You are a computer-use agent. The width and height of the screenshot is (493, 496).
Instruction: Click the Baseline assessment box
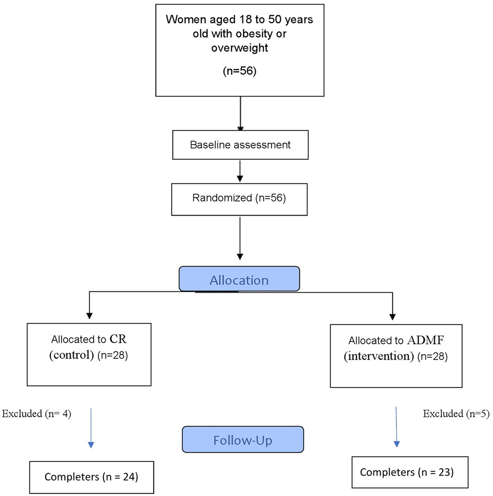240,145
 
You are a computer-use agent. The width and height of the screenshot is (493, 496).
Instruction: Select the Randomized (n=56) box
239,199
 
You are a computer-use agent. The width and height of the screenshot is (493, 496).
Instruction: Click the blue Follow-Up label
242,440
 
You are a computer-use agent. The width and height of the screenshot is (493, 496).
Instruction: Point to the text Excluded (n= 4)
37,413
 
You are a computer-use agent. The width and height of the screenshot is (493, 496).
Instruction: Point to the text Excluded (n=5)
456,413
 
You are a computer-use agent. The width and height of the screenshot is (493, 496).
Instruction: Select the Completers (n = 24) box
91,477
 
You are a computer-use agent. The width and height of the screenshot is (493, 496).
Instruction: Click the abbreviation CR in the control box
118,339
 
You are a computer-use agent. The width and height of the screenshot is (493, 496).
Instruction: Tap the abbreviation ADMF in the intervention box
425,340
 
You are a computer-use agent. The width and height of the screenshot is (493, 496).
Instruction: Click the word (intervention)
379,356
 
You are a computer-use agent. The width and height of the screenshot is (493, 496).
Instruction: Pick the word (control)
72,355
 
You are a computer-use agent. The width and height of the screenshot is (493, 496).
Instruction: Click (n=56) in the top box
240,71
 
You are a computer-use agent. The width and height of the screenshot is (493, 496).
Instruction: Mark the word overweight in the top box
240,48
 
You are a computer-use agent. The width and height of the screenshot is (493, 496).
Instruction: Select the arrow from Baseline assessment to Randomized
240,171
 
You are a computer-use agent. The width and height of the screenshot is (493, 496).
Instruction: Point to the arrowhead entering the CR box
90,316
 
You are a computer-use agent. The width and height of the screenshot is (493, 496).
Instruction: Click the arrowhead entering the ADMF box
392,317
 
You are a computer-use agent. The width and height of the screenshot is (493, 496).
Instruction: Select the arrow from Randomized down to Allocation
240,238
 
